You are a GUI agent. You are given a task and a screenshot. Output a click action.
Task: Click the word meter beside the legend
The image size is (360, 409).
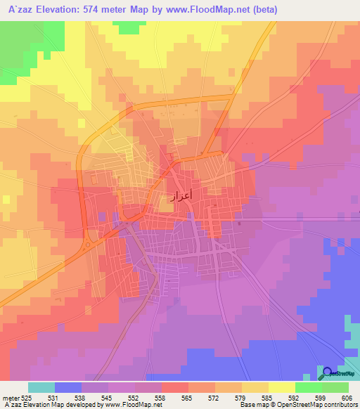[x=11, y=397]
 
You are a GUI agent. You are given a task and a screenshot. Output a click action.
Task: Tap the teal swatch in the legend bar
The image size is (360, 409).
[x=41, y=387]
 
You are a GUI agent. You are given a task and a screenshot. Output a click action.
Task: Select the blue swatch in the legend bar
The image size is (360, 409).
[x=67, y=387]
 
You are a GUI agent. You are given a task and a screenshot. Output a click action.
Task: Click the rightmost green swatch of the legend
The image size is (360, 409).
[x=335, y=387]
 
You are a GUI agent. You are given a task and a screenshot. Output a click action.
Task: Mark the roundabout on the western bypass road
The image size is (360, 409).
[x=88, y=245]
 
